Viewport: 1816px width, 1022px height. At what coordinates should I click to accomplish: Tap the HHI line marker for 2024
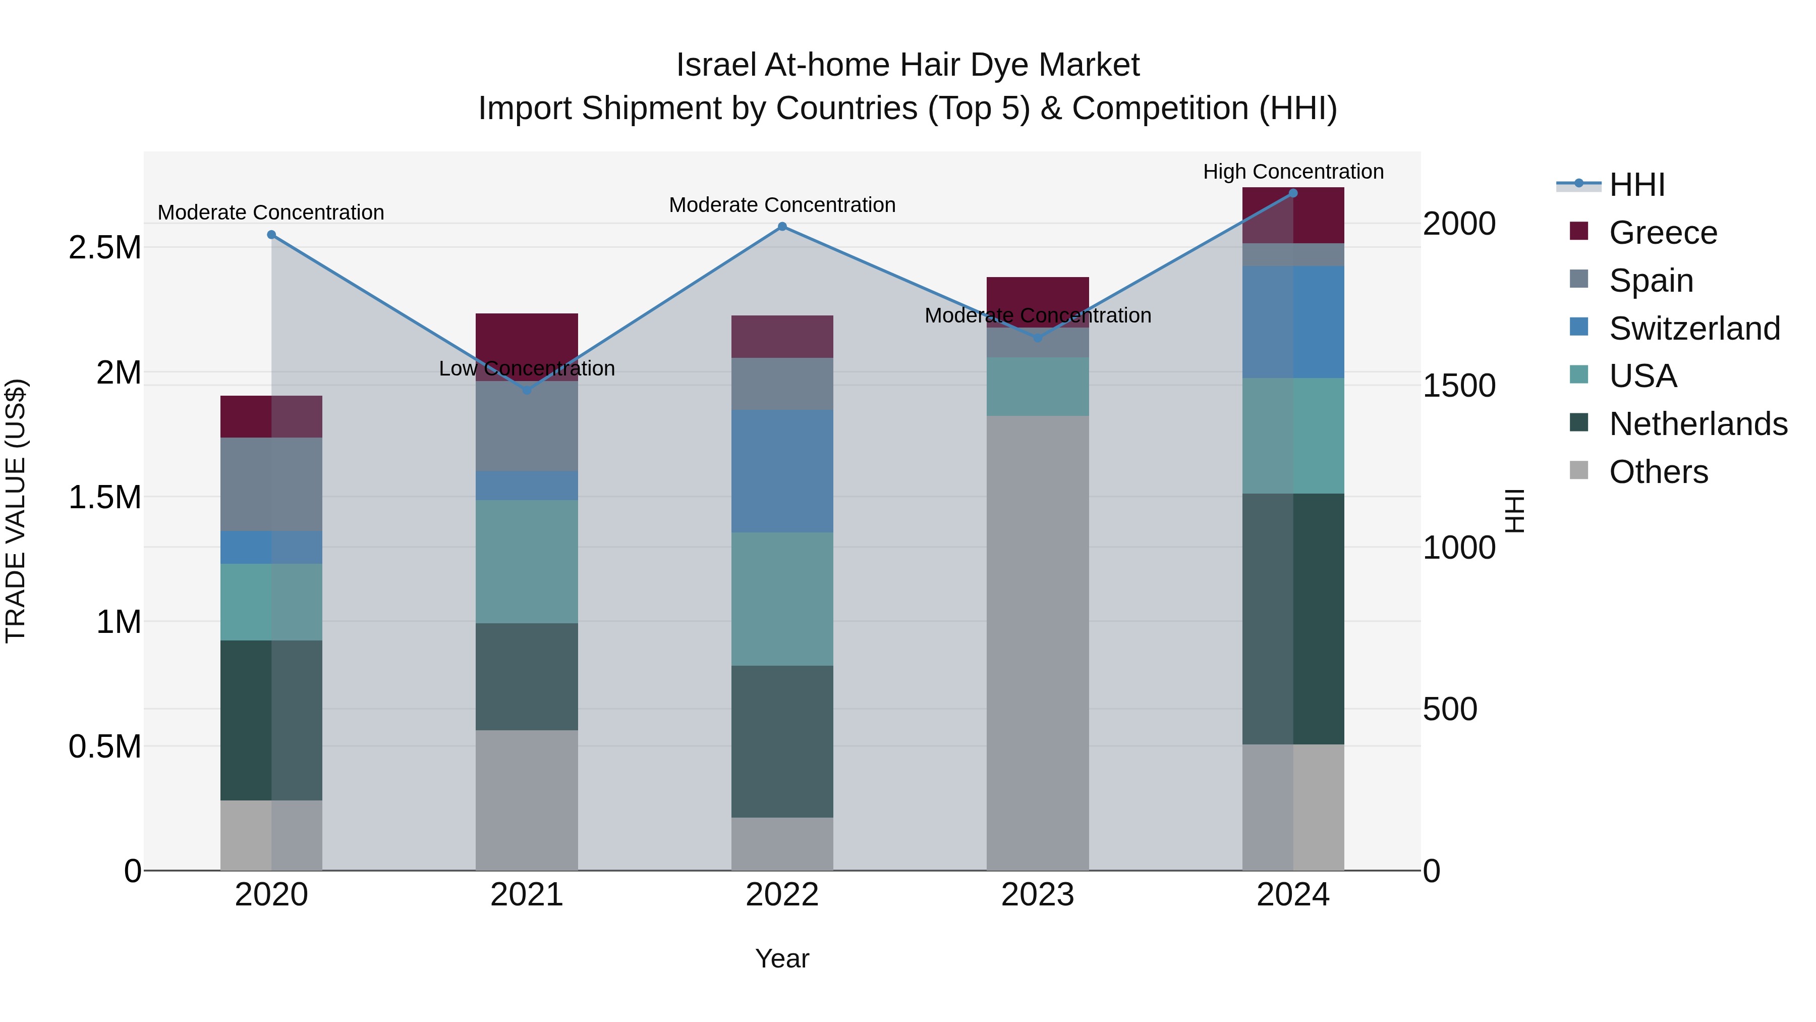(1293, 193)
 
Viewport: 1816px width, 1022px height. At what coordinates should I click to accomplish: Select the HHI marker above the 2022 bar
(782, 227)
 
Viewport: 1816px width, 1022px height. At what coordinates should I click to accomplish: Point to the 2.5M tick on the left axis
(104, 248)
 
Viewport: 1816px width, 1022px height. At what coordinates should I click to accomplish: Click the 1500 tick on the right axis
(1458, 385)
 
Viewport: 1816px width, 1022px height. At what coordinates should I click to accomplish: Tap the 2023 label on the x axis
(1037, 895)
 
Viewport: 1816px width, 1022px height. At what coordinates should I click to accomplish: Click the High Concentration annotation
(1293, 172)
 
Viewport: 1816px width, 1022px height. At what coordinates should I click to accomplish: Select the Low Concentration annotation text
(527, 368)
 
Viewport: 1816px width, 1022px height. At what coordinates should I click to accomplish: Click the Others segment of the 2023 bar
(1037, 642)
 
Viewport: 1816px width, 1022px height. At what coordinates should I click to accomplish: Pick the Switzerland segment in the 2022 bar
(782, 471)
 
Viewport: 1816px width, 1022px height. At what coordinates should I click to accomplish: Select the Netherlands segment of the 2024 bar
(1293, 619)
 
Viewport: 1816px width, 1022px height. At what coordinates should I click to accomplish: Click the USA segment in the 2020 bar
(271, 602)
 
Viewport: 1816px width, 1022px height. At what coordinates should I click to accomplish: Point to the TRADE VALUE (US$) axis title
(16, 511)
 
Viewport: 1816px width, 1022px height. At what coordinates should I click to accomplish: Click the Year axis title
(782, 958)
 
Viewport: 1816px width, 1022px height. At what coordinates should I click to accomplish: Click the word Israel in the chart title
(715, 65)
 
